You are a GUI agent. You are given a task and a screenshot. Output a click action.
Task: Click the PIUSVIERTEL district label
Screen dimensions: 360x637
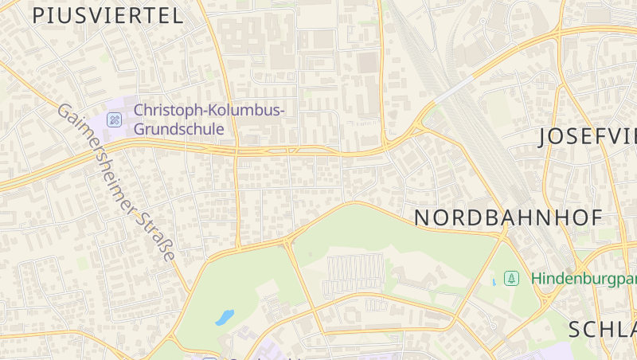(x=108, y=15)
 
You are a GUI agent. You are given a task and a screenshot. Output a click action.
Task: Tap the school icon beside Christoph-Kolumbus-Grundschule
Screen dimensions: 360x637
(x=115, y=119)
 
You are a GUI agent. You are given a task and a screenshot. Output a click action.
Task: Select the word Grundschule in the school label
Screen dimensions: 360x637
(x=179, y=128)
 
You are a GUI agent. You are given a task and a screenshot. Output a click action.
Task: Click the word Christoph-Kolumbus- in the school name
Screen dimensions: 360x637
(x=209, y=110)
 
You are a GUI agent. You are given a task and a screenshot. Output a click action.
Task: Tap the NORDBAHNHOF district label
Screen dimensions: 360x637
(x=508, y=217)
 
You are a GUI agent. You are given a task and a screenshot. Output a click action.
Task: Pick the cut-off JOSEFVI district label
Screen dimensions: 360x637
(x=588, y=136)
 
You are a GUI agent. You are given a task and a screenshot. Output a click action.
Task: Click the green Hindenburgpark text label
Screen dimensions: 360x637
(x=584, y=279)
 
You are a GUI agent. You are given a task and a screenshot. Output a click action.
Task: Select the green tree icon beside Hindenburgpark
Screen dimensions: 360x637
(x=512, y=278)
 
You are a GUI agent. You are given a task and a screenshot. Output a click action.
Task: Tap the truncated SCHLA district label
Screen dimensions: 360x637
(x=603, y=329)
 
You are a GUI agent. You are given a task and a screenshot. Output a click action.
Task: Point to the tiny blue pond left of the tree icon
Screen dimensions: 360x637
(x=494, y=282)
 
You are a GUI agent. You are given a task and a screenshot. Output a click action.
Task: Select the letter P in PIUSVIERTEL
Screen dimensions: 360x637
(x=38, y=15)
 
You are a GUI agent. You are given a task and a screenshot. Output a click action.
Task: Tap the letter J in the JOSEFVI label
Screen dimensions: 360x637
(x=545, y=137)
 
